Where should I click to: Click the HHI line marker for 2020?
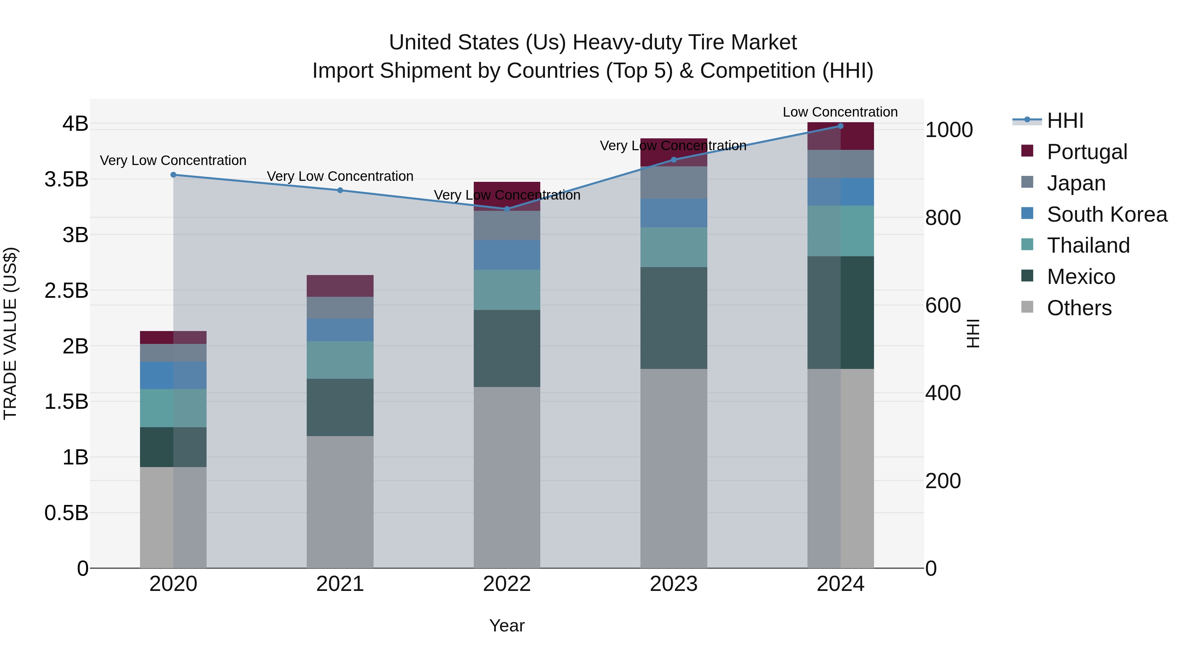174,175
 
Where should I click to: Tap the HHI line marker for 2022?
507,209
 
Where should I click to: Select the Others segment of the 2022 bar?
507,477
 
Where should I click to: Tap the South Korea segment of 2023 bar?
674,213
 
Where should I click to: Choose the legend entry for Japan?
1076,183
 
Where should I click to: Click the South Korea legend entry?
1106,214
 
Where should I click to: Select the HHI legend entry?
1064,121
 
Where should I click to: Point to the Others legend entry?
1079,308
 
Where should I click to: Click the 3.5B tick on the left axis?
66,180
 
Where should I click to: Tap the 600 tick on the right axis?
943,306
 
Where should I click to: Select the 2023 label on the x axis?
674,584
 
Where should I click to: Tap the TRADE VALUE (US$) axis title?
10,333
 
